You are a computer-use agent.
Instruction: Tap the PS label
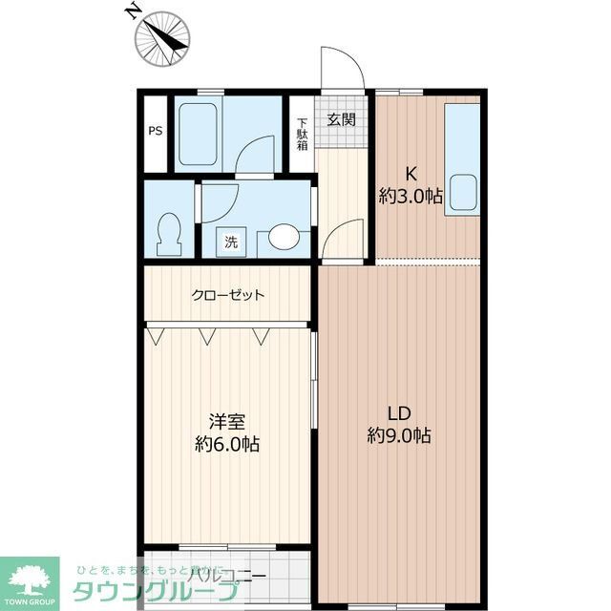(155, 132)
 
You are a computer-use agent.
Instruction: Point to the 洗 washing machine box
(231, 242)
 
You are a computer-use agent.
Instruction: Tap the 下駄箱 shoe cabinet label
(302, 134)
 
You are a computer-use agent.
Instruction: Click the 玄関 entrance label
(341, 119)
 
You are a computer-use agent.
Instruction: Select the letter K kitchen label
(411, 174)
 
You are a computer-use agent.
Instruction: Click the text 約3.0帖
(411, 197)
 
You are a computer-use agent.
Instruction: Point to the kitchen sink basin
(463, 192)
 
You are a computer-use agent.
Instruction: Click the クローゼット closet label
(228, 295)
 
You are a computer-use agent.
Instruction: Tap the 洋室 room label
(227, 420)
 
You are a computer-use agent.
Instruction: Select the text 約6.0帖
(227, 444)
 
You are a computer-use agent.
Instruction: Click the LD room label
(398, 413)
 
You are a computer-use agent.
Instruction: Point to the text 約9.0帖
(399, 436)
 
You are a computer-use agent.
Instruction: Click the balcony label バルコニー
(226, 575)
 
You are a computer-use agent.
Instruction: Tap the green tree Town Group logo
(31, 579)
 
